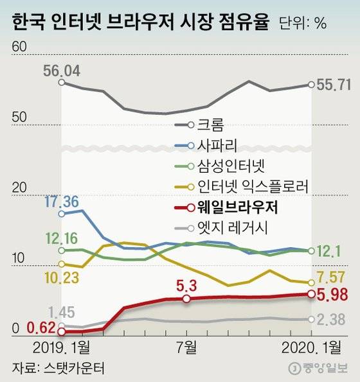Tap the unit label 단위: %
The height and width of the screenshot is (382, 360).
[x=303, y=24]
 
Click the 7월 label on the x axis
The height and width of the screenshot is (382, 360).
[x=186, y=348]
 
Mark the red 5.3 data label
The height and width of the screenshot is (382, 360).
[x=186, y=285]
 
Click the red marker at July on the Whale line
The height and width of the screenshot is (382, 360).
[x=186, y=299]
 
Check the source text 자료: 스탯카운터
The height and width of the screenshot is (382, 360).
[x=58, y=369]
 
